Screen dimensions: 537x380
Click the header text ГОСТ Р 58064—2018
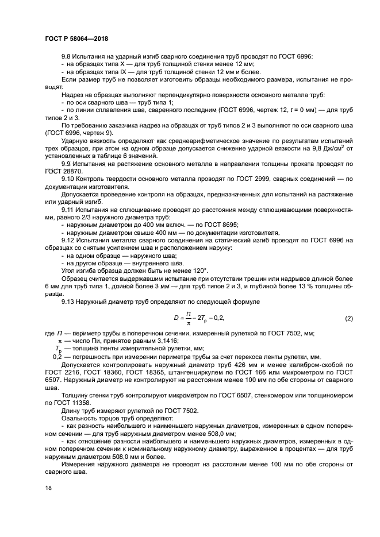76,39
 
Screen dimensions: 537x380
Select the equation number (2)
348,318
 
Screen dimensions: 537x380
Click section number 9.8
67,57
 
